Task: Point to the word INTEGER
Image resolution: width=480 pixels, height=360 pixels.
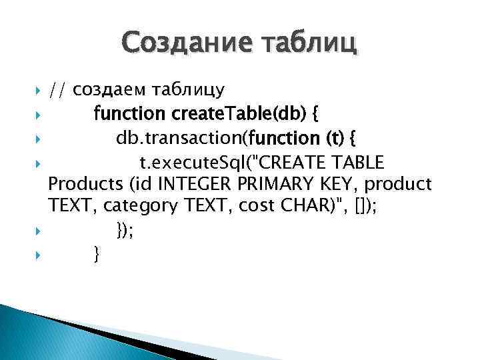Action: (x=193, y=183)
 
